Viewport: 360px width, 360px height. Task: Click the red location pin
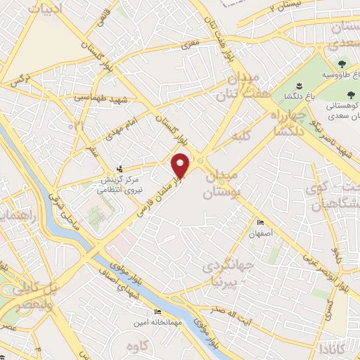point(181,166)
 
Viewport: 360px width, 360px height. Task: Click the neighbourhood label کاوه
point(138,346)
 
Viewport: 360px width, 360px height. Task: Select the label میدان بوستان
point(221,182)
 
